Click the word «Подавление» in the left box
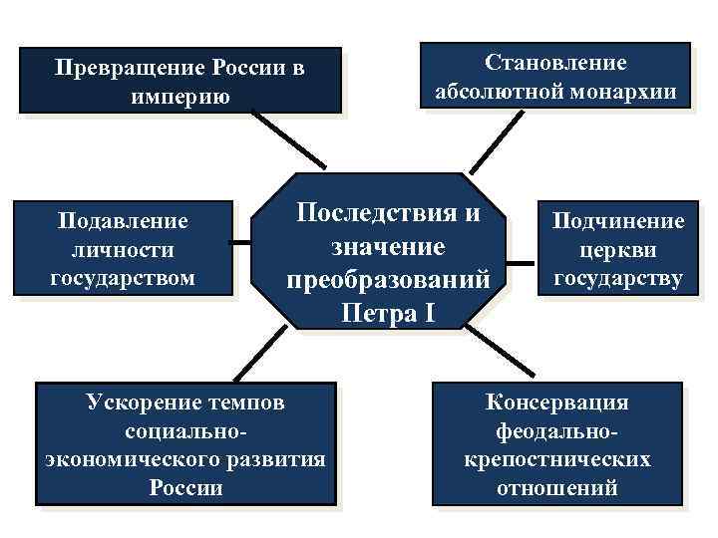tap(124, 219)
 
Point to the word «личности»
tap(124, 248)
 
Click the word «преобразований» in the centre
tap(389, 281)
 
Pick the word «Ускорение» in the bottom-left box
tap(147, 403)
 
